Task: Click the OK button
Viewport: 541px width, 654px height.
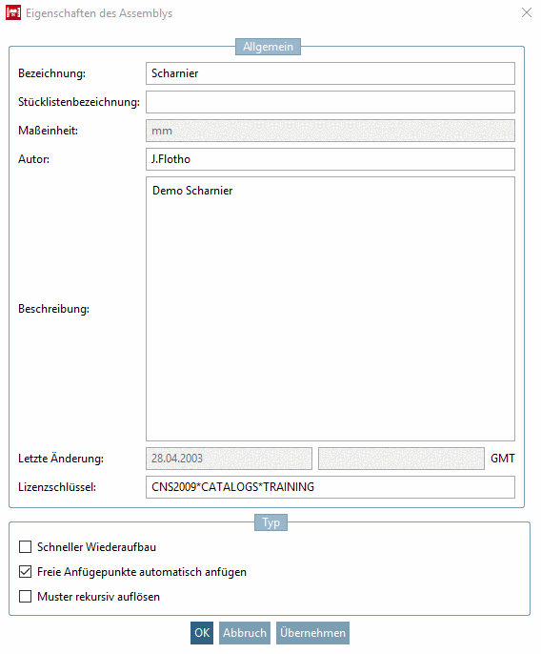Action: point(202,633)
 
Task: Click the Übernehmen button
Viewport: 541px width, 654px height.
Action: point(312,633)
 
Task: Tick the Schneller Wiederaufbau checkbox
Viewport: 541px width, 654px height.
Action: point(25,547)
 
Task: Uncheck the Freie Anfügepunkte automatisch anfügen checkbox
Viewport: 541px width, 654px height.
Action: point(25,572)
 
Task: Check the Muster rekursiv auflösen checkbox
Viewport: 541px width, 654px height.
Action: point(25,597)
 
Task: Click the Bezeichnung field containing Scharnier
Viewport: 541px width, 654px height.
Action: point(330,73)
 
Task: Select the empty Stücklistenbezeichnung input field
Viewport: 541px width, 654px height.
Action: point(330,102)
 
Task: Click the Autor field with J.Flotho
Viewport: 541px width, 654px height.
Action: point(330,159)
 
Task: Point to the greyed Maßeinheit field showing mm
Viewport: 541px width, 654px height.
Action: point(330,131)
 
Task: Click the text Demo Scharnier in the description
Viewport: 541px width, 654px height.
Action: point(192,191)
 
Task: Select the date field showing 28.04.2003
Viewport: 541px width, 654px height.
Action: point(229,459)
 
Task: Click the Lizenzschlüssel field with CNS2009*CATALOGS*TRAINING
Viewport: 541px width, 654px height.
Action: point(330,487)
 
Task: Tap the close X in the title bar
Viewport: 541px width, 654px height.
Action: point(527,13)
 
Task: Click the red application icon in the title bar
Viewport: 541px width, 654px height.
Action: point(14,13)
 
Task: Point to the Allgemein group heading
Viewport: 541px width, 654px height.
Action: point(269,46)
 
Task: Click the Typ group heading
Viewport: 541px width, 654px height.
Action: point(270,522)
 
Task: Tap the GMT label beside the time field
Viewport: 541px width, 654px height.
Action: point(503,459)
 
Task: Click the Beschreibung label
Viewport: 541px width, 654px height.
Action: point(53,309)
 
